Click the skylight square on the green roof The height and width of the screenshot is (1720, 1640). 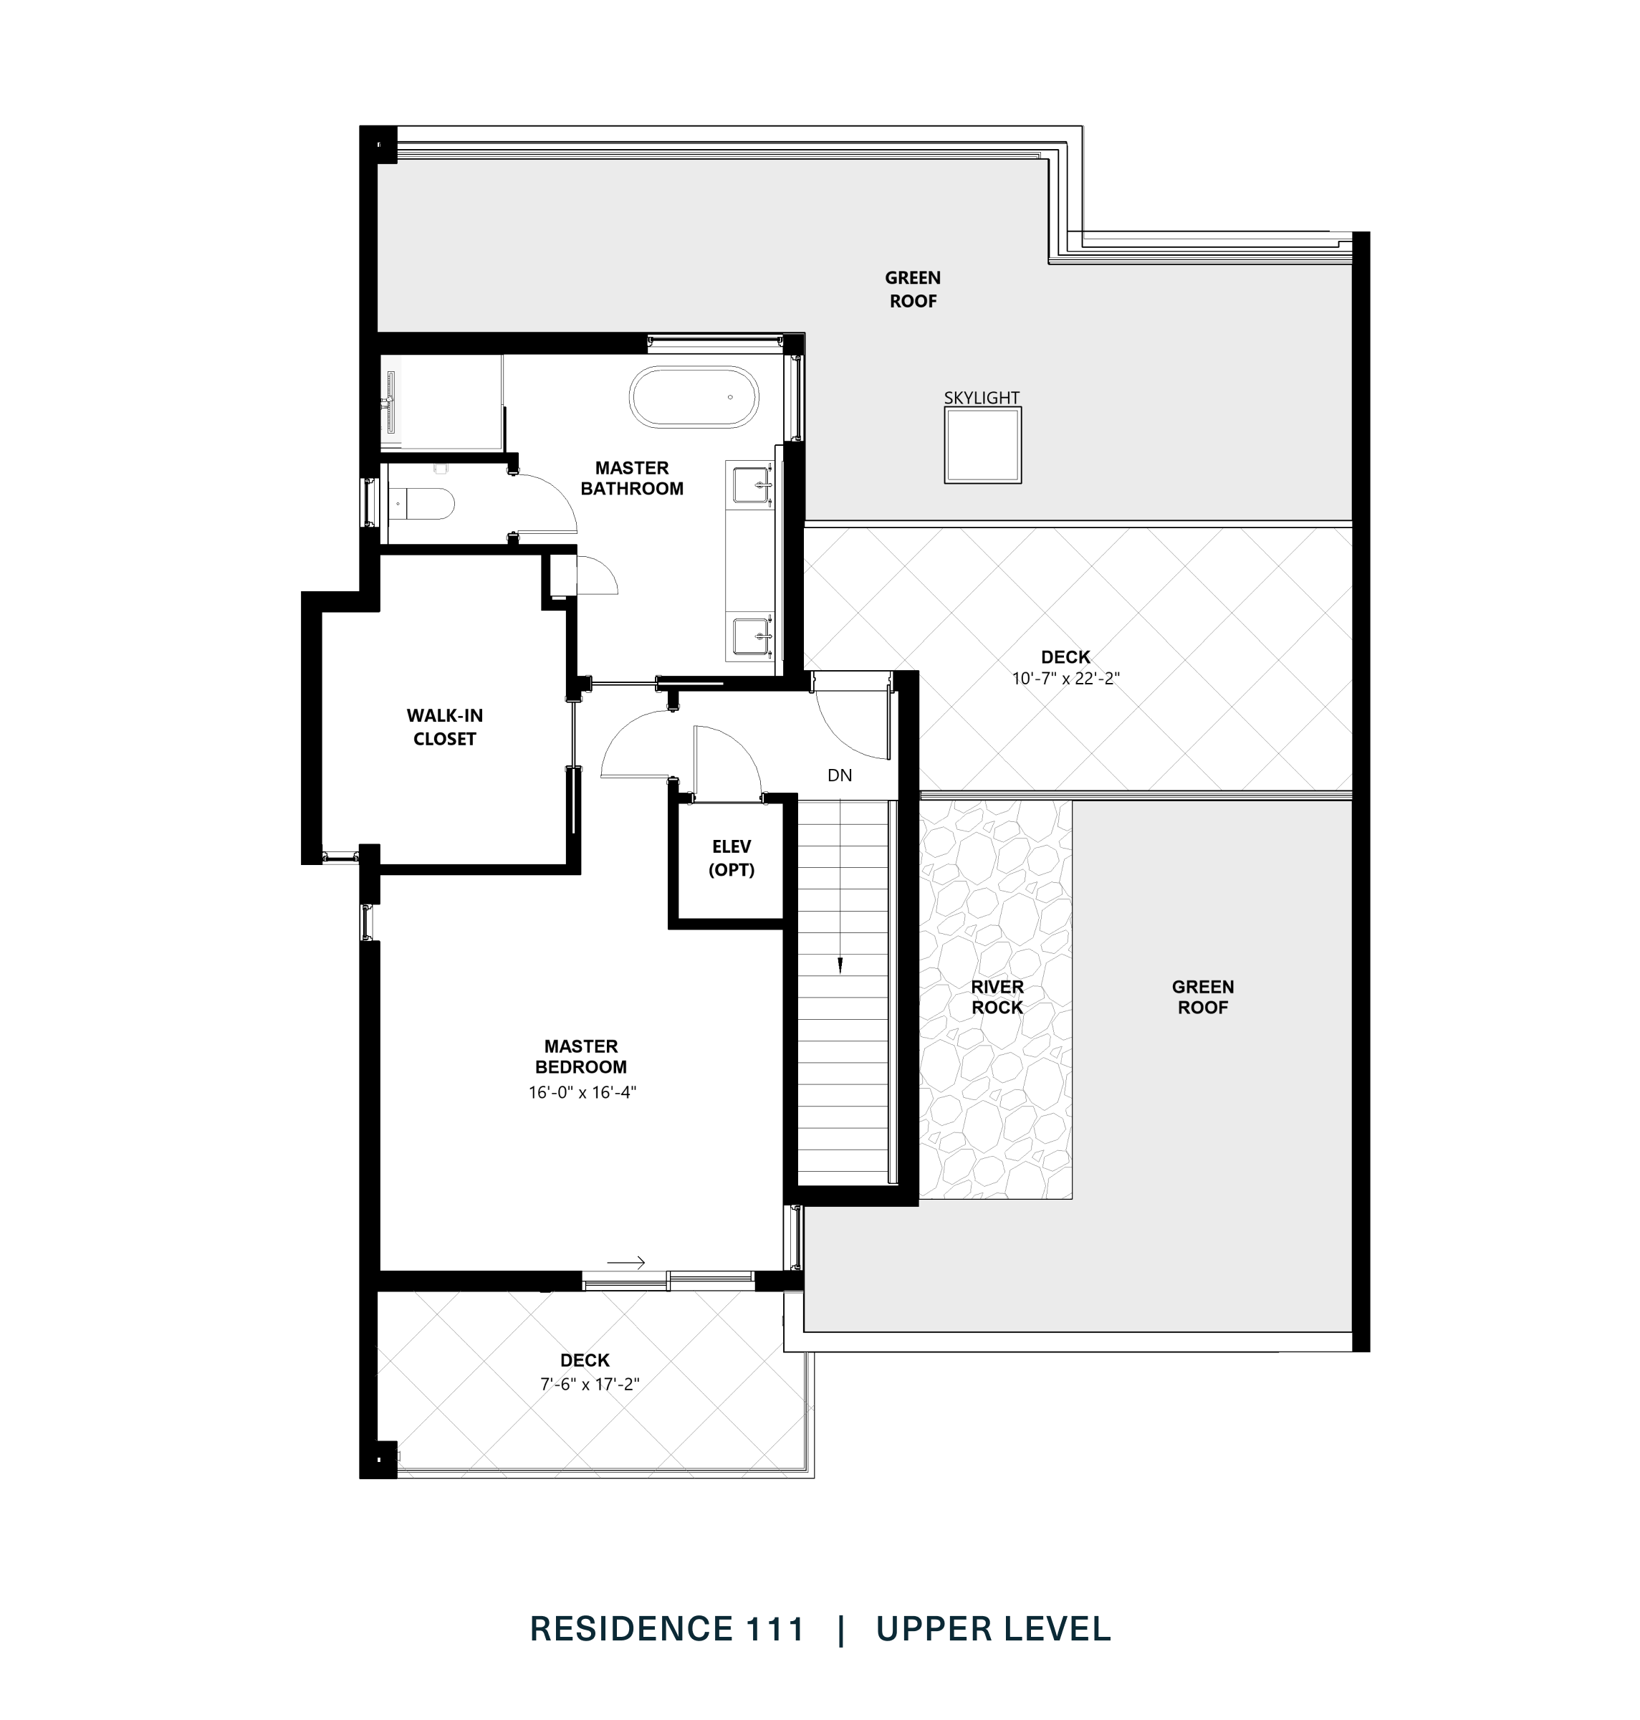[982, 445]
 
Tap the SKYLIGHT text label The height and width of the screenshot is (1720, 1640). [981, 398]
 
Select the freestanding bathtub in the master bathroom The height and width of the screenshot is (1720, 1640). [694, 397]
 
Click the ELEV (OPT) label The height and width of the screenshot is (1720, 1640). [731, 858]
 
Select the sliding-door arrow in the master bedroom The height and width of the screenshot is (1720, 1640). [626, 1262]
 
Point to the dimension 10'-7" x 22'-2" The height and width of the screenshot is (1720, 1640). [1065, 678]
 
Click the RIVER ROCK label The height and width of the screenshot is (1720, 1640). [997, 997]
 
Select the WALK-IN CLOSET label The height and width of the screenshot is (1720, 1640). [444, 727]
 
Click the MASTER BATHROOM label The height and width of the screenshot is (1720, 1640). [631, 478]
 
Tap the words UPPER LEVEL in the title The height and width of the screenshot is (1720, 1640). [993, 1629]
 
